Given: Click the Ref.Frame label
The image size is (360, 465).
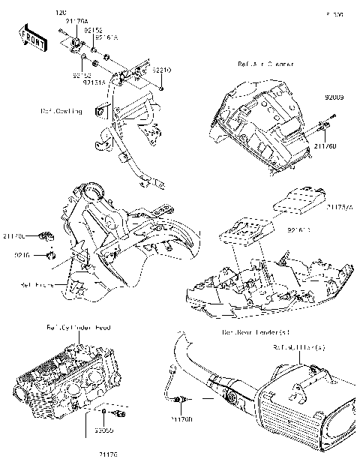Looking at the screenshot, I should point(37,285).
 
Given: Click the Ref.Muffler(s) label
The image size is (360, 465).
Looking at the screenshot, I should point(299,347).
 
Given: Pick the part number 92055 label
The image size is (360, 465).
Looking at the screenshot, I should point(104,432).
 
